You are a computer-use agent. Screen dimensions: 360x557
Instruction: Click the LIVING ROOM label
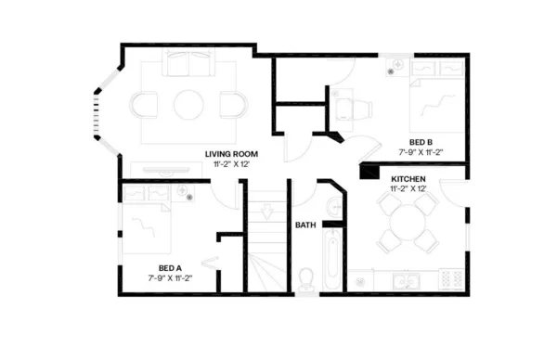pos(231,153)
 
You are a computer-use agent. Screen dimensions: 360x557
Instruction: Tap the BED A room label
pos(164,267)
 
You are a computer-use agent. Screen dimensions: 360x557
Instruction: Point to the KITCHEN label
pos(408,178)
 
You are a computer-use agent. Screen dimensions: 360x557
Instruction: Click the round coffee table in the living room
pos(188,103)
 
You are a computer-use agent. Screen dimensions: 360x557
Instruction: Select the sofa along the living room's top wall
pos(188,64)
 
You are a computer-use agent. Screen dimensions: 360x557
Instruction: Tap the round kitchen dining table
pos(407,223)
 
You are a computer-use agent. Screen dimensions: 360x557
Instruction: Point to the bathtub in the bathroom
pos(332,264)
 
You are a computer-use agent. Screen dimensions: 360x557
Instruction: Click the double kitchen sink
pos(405,280)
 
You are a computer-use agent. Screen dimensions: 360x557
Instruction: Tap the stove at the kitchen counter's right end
pos(449,279)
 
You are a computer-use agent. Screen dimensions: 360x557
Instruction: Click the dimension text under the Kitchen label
pos(408,188)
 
